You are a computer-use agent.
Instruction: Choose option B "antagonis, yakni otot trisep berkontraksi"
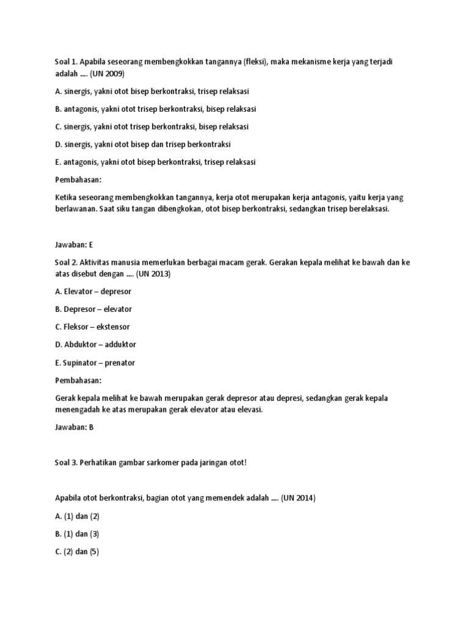(155, 109)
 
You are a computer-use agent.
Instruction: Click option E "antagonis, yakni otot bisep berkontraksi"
(155, 162)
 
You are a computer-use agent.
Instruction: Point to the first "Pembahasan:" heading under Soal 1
(78, 180)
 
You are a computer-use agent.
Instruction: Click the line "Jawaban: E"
(73, 244)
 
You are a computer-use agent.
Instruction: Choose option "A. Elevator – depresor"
(93, 291)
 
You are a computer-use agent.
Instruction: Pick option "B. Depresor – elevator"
(93, 309)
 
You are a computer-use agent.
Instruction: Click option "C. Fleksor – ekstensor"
(92, 327)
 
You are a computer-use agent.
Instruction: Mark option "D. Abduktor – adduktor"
(95, 344)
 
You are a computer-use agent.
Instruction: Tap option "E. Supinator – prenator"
(95, 363)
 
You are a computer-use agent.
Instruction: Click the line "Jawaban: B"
(73, 427)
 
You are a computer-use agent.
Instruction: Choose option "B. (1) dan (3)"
(76, 533)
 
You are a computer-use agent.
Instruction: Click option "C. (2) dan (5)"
(76, 551)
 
